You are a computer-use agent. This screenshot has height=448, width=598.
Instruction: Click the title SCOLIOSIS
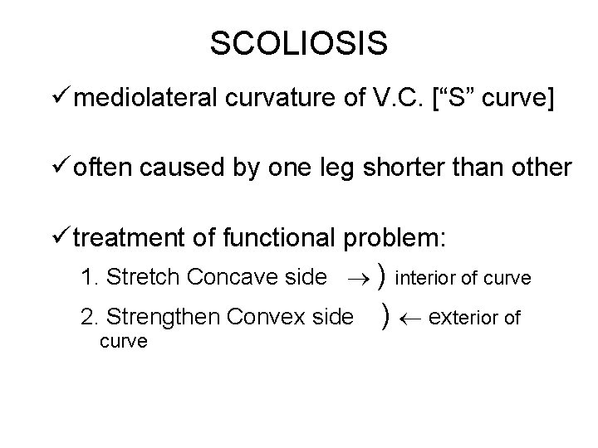tap(298, 44)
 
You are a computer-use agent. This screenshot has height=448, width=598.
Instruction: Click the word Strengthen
tap(164, 316)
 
